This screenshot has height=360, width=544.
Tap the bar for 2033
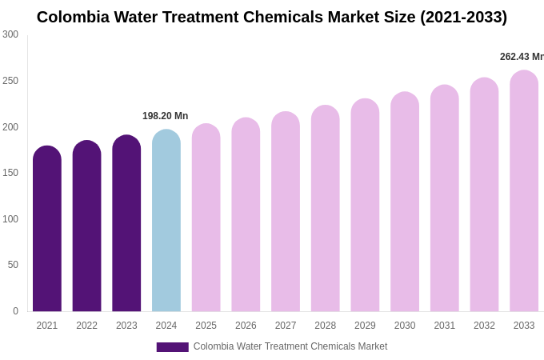click(x=524, y=191)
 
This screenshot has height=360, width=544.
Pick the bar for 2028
click(x=326, y=209)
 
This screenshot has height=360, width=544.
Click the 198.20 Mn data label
click(x=166, y=116)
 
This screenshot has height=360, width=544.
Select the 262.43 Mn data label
click(x=522, y=57)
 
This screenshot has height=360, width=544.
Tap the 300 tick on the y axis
click(x=10, y=34)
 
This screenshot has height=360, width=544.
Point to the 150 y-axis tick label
click(x=10, y=173)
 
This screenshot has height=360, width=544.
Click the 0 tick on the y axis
click(x=15, y=311)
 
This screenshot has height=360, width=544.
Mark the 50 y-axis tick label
click(x=13, y=265)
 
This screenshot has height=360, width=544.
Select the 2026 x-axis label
click(x=246, y=326)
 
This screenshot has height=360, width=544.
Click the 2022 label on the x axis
click(x=86, y=326)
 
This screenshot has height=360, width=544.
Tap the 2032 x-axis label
click(x=484, y=326)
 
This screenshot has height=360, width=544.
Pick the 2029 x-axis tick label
click(x=365, y=326)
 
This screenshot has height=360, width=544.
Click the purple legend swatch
click(x=172, y=347)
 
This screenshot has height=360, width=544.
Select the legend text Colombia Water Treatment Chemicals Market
click(x=290, y=346)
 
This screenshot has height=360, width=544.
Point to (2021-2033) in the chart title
click(x=463, y=17)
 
